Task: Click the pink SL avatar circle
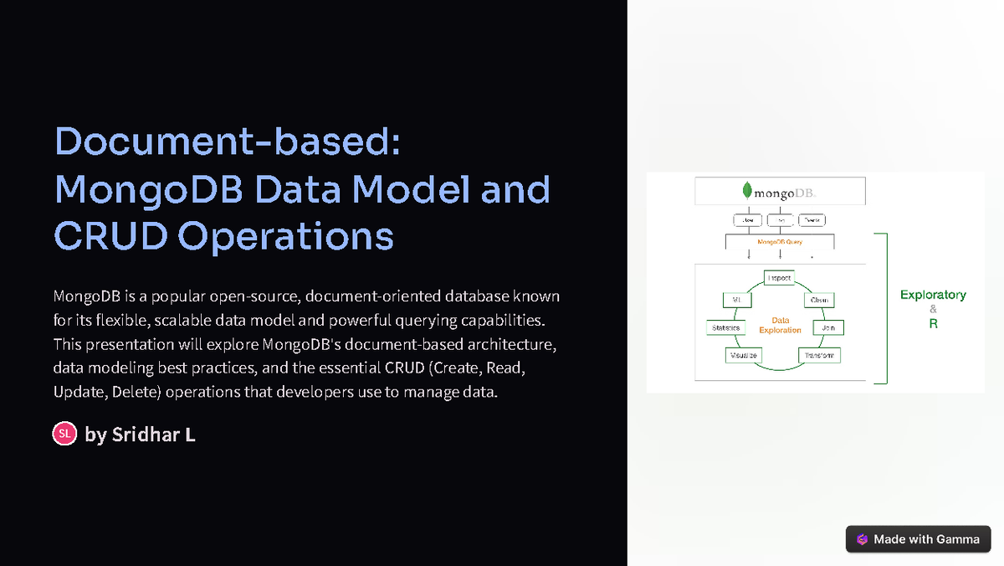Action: tap(64, 434)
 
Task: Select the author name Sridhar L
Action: tap(153, 435)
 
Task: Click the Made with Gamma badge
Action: tap(918, 539)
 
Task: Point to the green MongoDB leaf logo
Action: tap(745, 189)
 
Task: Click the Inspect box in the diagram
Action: tap(779, 278)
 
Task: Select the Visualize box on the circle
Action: tap(743, 355)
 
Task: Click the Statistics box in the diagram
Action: tap(725, 327)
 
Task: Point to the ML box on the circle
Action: tap(737, 300)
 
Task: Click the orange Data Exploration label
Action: tap(780, 325)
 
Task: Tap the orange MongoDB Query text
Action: tap(780, 241)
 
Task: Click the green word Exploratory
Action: tap(933, 295)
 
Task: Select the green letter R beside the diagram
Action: tap(933, 323)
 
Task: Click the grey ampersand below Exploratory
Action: tap(933, 309)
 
